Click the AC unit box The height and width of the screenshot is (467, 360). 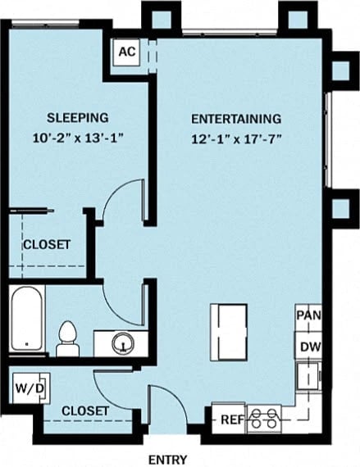[125, 52]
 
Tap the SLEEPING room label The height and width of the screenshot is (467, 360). [77, 117]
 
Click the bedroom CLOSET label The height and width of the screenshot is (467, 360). [46, 244]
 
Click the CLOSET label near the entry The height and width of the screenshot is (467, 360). [85, 410]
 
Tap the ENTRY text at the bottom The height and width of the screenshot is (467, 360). [167, 459]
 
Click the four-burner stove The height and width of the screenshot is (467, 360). [264, 419]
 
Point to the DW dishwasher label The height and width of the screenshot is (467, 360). [309, 347]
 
